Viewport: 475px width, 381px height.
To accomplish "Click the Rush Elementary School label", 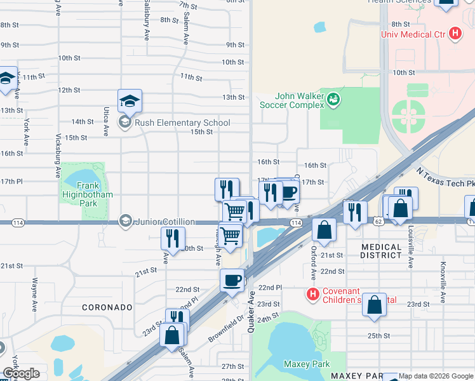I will [182, 123].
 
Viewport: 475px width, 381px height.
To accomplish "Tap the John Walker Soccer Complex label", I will [290, 100].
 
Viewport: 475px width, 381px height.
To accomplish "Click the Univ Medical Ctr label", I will [413, 34].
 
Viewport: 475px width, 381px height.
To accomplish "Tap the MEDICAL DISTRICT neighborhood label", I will [382, 251].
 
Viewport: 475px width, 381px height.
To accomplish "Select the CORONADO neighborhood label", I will [107, 307].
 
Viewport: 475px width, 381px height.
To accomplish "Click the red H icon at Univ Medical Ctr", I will [455, 34].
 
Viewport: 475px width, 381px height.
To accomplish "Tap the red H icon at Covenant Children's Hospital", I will [312, 294].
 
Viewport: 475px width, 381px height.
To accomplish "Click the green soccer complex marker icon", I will [333, 99].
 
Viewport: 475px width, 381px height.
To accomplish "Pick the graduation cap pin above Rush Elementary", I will [130, 100].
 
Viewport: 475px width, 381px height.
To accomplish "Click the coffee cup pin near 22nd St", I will [232, 279].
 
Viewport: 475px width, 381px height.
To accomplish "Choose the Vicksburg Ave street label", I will [58, 155].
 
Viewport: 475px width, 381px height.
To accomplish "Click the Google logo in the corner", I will [21, 373].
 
